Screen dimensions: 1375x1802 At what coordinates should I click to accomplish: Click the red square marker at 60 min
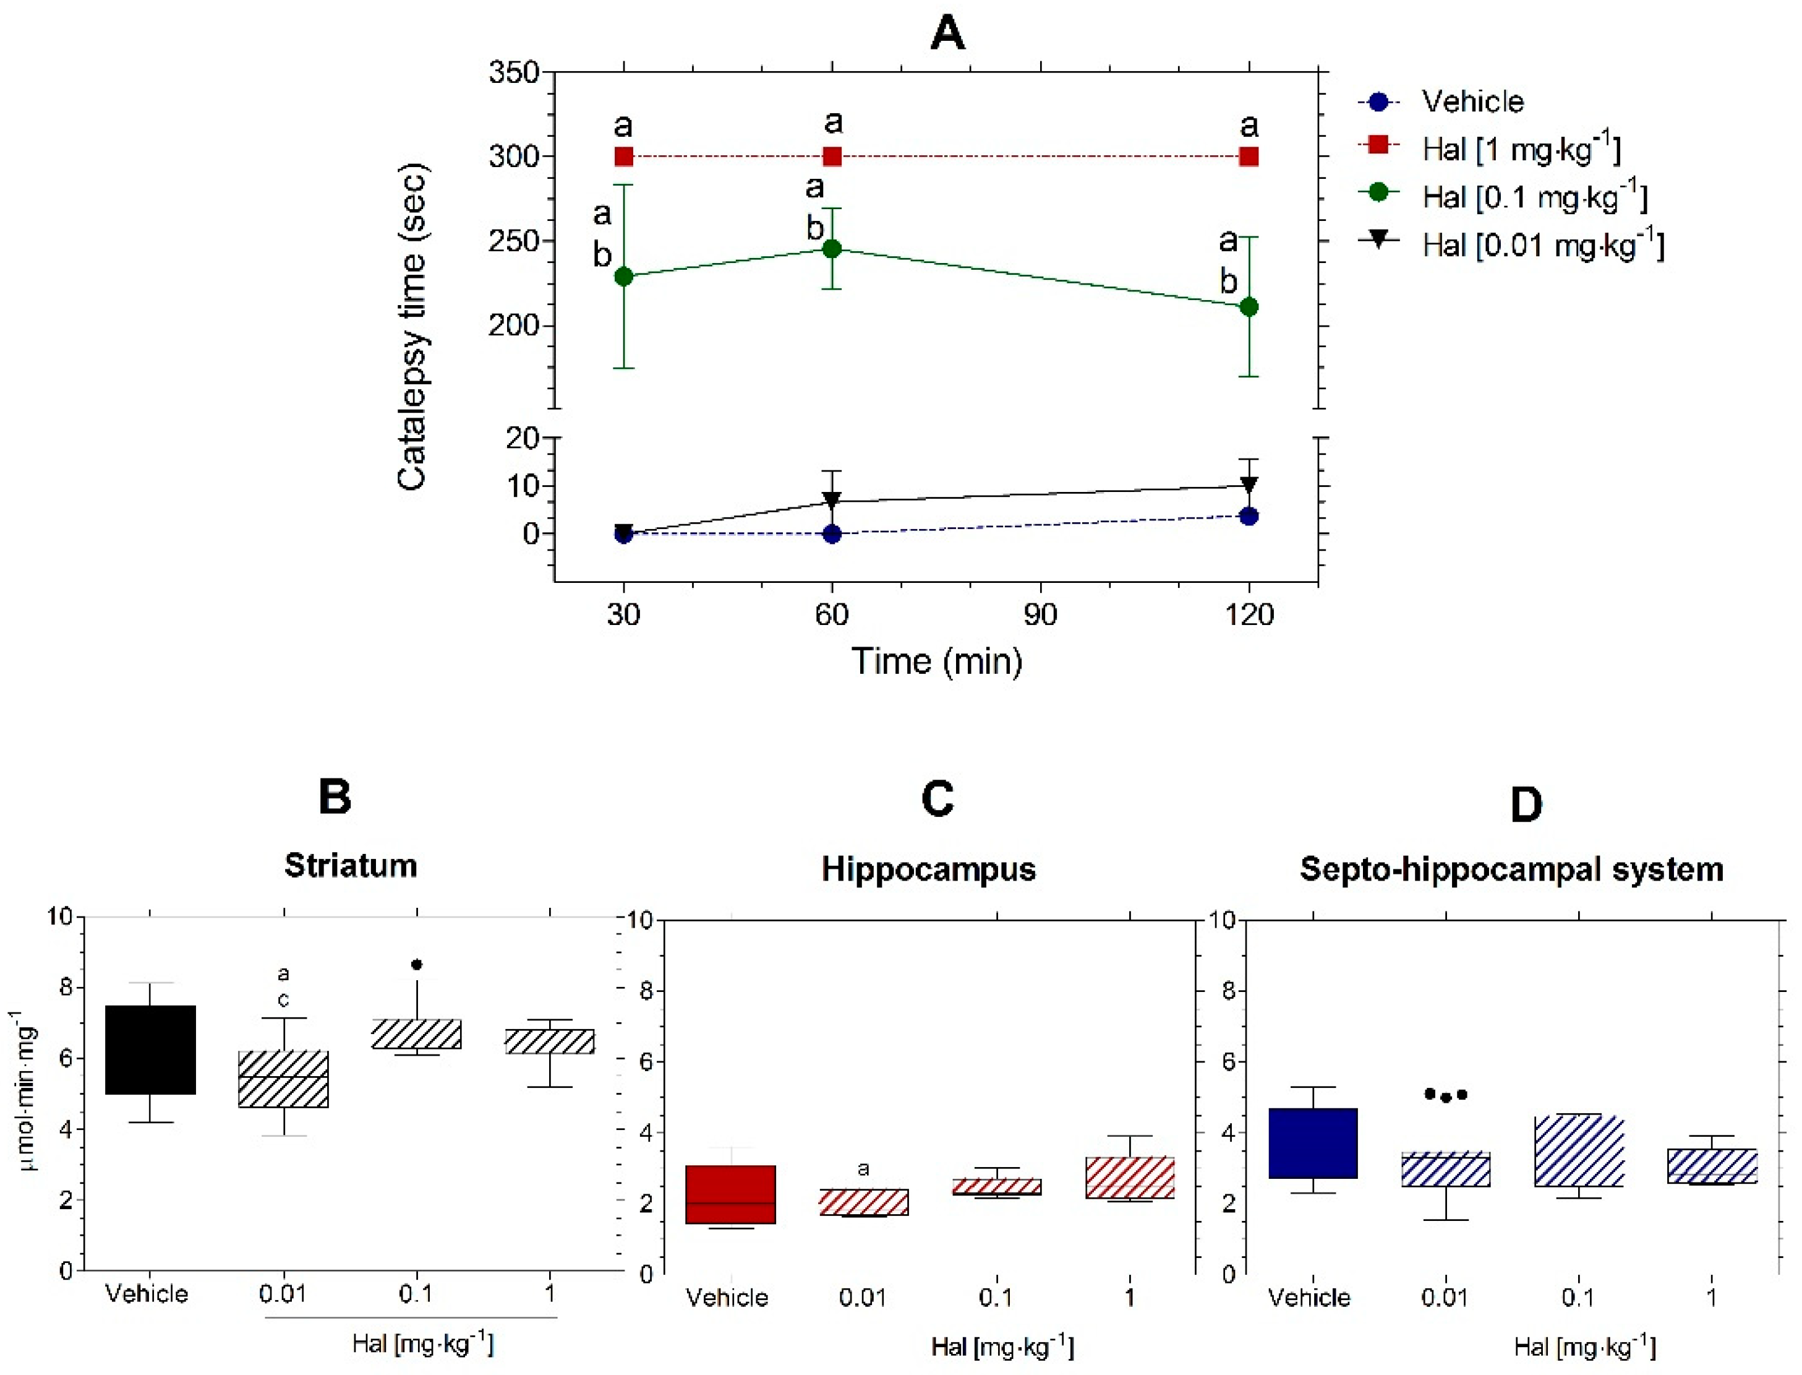click(832, 157)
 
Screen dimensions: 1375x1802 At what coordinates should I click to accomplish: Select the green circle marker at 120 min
click(1249, 307)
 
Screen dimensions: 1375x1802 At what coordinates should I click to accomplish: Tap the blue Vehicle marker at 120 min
click(1249, 517)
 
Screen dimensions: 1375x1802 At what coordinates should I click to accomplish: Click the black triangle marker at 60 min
click(832, 499)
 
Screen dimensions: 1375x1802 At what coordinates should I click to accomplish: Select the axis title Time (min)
click(937, 662)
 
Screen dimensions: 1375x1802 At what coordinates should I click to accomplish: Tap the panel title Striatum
click(351, 865)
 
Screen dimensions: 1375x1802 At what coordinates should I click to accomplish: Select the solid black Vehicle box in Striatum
click(150, 1050)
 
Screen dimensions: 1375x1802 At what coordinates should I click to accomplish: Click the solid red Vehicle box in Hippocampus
click(730, 1194)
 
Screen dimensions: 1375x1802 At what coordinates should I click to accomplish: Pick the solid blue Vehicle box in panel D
click(1313, 1144)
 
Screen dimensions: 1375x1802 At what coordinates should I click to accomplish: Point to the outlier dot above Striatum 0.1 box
click(417, 964)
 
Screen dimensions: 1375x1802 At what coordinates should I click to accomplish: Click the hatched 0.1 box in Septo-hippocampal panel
click(1579, 1152)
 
